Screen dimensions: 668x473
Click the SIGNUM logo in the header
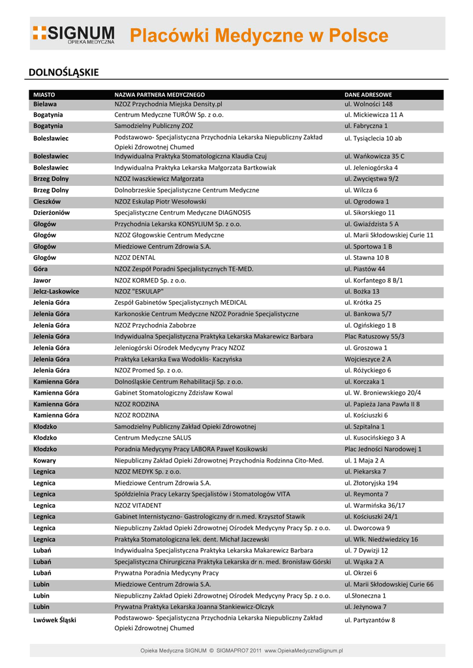point(74,35)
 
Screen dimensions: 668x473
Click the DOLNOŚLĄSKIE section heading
point(63,72)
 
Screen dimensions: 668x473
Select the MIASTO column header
point(44,95)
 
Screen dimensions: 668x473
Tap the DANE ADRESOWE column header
point(368,95)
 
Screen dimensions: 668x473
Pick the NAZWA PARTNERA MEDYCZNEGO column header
point(159,95)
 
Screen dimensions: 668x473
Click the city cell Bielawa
point(45,104)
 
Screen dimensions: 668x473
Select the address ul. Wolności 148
point(369,104)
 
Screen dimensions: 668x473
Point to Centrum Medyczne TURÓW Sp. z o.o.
point(169,115)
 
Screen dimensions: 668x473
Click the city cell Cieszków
point(47,202)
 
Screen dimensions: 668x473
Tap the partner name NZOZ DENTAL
point(134,258)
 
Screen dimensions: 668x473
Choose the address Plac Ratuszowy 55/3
point(374,337)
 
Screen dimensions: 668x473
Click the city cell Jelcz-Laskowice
point(56,292)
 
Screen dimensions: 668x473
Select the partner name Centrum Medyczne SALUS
point(153,438)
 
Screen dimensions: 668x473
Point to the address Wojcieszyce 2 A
point(368,359)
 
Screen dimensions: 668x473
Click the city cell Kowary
point(44,461)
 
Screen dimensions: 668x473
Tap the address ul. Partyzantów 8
point(370,620)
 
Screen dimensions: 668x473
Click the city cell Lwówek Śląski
point(55,620)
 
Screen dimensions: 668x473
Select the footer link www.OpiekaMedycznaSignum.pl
point(304,650)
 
